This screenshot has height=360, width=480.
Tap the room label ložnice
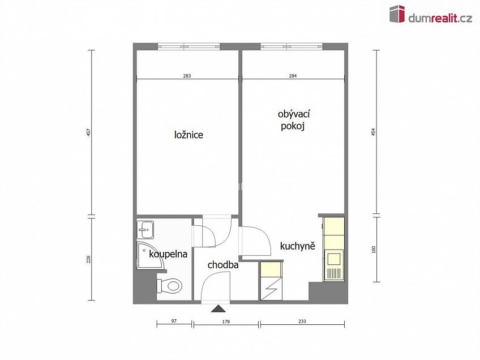(x=188, y=135)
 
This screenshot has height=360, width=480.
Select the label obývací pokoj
(x=294, y=121)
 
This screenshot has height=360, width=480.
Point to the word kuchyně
(x=297, y=247)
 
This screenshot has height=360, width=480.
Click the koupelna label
(x=168, y=254)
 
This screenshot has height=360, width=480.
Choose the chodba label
(x=222, y=264)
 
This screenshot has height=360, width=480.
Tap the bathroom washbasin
(x=145, y=229)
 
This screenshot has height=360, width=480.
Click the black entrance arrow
(x=217, y=308)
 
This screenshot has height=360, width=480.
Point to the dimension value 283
(x=187, y=76)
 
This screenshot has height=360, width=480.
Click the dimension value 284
(x=293, y=76)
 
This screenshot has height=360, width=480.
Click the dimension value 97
(x=174, y=321)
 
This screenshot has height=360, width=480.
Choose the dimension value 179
(x=226, y=321)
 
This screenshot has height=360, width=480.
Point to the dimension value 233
(x=302, y=321)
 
